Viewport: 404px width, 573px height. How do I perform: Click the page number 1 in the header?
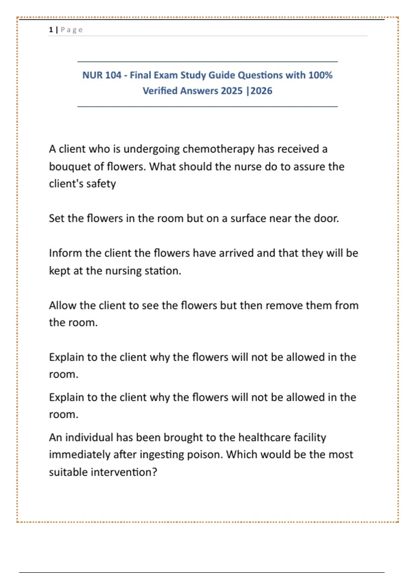(51, 30)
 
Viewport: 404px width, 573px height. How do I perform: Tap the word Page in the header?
(71, 30)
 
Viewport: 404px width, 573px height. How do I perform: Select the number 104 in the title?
(112, 75)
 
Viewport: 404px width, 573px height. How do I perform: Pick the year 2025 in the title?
(232, 91)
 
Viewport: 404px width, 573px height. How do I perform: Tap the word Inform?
(65, 253)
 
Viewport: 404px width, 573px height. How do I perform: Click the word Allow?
(63, 305)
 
